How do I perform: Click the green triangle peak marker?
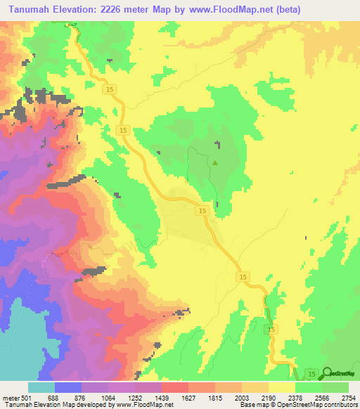215,163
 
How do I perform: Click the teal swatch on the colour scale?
41,387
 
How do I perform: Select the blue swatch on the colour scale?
68,387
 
